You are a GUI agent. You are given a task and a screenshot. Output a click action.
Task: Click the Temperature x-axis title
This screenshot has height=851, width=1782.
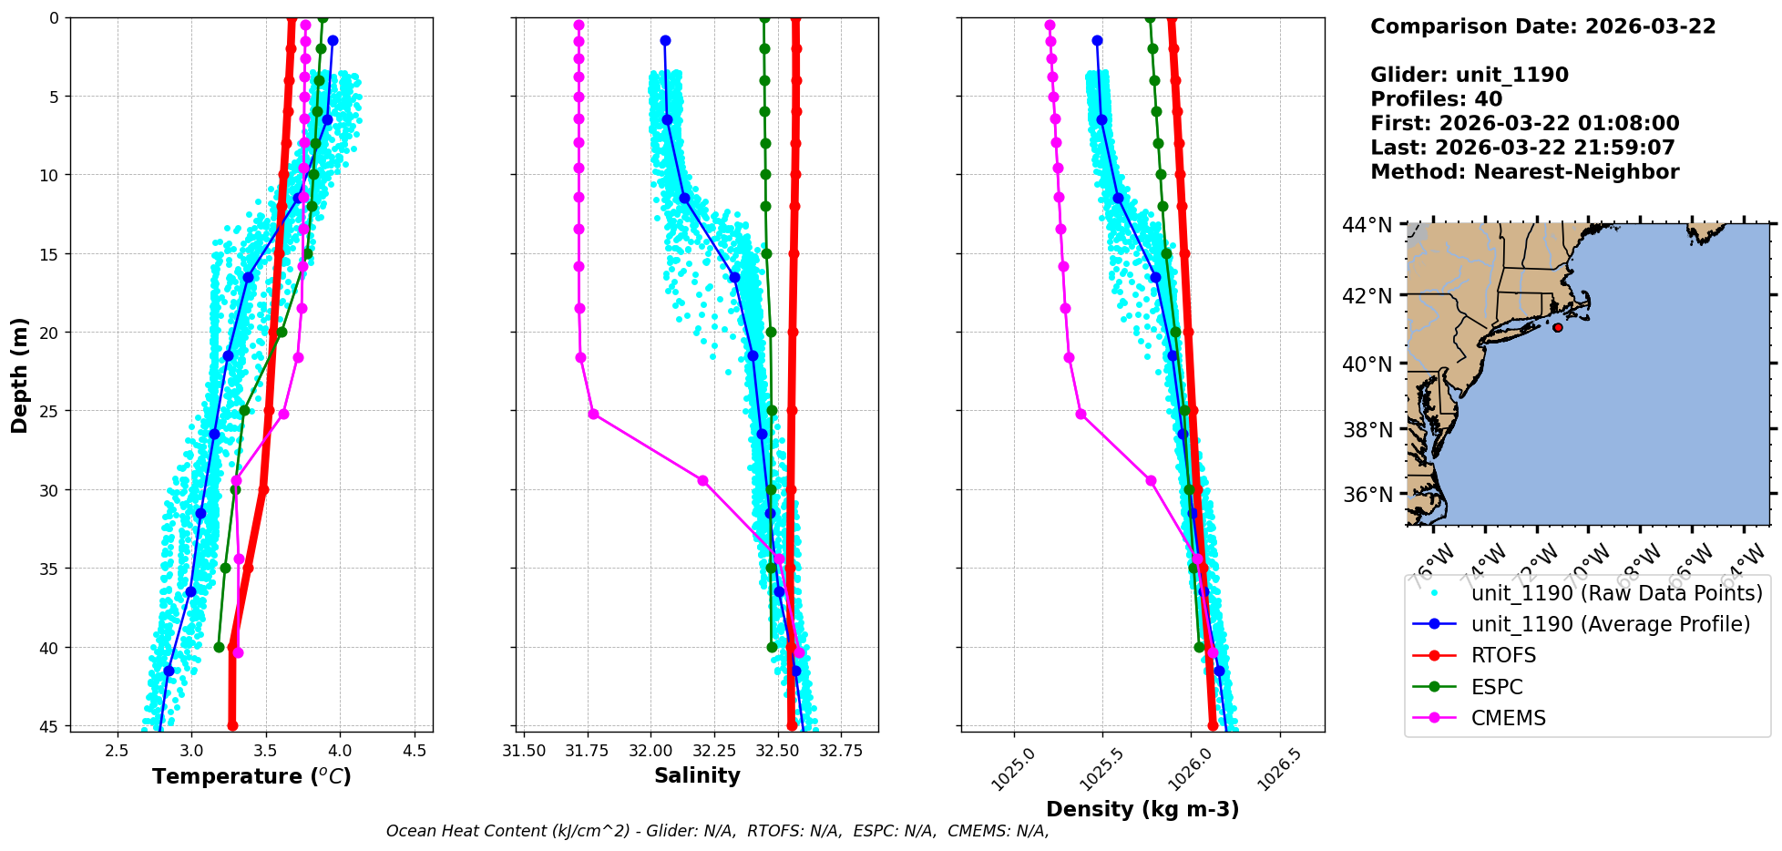[x=251, y=776]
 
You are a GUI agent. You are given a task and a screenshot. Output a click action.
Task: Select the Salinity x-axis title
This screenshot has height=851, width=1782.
[x=697, y=775]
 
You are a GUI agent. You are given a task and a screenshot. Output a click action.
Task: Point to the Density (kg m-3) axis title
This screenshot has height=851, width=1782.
[x=1142, y=809]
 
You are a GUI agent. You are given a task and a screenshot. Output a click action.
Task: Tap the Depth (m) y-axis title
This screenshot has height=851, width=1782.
[x=20, y=374]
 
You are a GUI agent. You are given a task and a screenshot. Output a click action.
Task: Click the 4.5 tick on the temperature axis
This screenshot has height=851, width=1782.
[x=415, y=752]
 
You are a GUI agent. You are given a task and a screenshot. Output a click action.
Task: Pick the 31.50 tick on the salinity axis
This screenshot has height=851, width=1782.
[x=524, y=752]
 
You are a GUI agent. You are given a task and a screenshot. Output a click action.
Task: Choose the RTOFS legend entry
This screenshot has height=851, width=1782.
[x=1503, y=656]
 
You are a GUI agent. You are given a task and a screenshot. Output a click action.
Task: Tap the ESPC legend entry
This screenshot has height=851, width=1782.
[x=1497, y=687]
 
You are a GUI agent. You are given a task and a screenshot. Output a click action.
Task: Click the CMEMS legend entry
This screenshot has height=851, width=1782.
[x=1509, y=718]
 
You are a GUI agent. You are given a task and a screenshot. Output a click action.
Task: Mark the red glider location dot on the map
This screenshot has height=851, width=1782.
[x=1558, y=327]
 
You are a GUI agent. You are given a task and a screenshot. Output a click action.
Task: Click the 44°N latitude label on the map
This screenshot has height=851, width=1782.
[x=1367, y=224]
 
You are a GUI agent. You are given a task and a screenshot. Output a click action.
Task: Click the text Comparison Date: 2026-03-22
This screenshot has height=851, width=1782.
[x=1542, y=26]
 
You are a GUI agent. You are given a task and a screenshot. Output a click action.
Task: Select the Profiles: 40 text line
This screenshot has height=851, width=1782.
[x=1436, y=99]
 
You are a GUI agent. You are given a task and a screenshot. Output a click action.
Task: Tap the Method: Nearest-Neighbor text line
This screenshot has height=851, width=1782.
[x=1524, y=172]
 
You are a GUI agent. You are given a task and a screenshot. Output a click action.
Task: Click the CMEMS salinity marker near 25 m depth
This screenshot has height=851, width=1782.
[x=593, y=414]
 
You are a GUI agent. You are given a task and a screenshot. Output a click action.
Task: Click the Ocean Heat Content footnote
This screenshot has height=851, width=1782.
[x=717, y=831]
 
